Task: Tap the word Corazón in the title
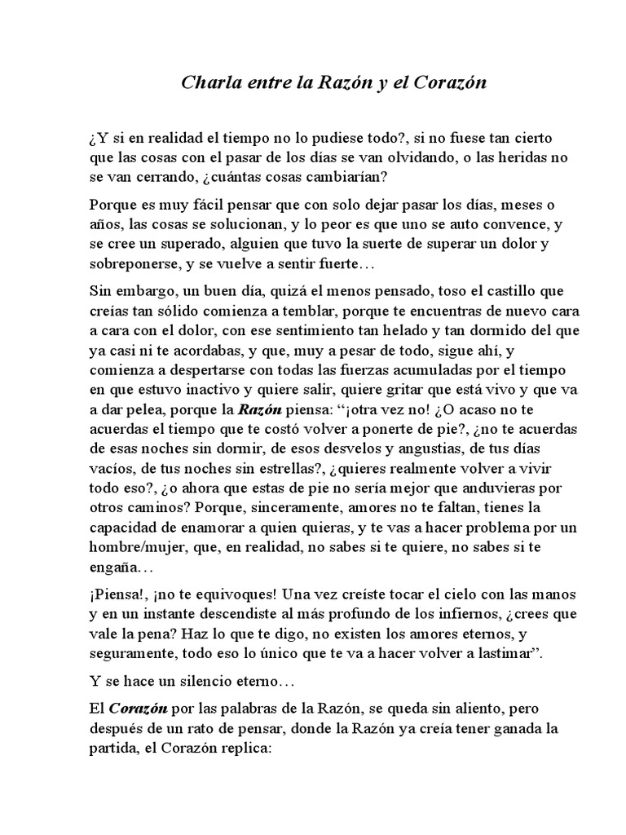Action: [x=452, y=83]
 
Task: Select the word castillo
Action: [x=496, y=291]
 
